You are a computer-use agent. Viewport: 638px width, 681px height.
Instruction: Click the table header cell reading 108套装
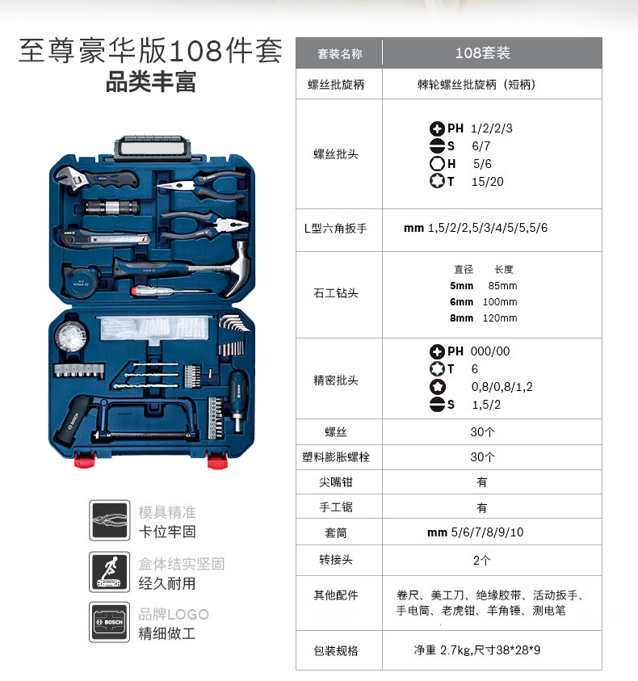point(482,53)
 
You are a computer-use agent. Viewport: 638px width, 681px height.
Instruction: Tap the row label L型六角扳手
point(335,229)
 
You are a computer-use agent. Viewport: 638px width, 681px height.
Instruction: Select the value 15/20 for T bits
point(487,182)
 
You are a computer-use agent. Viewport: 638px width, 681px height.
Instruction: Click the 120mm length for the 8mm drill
point(499,318)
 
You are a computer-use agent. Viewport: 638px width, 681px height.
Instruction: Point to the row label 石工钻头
point(336,293)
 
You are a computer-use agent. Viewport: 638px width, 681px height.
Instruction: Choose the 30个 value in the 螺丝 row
point(482,431)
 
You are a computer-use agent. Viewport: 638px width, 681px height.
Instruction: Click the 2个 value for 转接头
point(481,561)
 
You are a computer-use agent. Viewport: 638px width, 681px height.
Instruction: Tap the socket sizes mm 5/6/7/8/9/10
point(475,532)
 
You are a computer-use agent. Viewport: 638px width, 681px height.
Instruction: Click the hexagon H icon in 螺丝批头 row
point(437,164)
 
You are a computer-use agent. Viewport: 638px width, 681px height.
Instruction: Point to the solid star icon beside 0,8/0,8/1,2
point(438,386)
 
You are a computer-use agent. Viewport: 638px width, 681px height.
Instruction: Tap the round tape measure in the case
point(82,281)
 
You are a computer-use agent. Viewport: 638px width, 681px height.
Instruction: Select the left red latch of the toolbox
point(85,460)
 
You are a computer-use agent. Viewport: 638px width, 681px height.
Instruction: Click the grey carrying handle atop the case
point(153,148)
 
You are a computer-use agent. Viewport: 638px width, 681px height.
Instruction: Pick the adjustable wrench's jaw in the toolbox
point(69,177)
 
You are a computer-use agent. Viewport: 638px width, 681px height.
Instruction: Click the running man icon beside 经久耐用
point(110,572)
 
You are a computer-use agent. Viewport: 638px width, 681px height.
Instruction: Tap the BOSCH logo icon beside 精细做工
point(110,622)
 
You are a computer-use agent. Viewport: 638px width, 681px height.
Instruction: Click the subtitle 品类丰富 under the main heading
point(151,82)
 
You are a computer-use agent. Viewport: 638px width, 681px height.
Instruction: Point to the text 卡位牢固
point(167,532)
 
